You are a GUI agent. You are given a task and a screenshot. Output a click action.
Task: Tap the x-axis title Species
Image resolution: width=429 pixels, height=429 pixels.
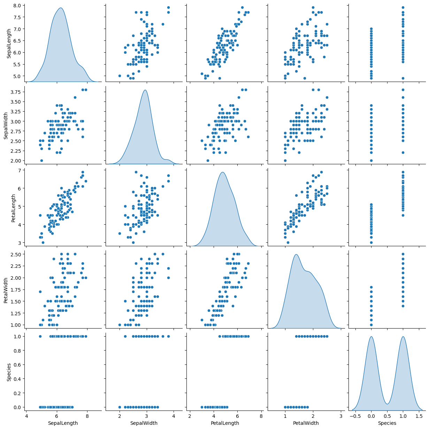tap(387, 423)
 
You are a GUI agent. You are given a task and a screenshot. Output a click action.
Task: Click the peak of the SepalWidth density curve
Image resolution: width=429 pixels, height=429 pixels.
tap(145, 90)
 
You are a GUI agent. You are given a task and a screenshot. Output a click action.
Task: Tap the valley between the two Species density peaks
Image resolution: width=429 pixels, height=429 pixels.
tap(387, 404)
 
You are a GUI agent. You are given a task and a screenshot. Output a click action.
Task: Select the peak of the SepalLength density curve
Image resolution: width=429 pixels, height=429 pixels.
tap(61, 8)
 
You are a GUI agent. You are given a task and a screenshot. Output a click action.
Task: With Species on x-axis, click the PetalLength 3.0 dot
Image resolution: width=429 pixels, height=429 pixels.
tap(371, 242)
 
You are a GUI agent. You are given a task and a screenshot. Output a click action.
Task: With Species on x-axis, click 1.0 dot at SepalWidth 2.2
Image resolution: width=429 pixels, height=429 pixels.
tap(403, 152)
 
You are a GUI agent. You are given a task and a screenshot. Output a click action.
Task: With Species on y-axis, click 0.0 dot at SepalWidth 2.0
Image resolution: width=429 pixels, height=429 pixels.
tap(120, 407)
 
